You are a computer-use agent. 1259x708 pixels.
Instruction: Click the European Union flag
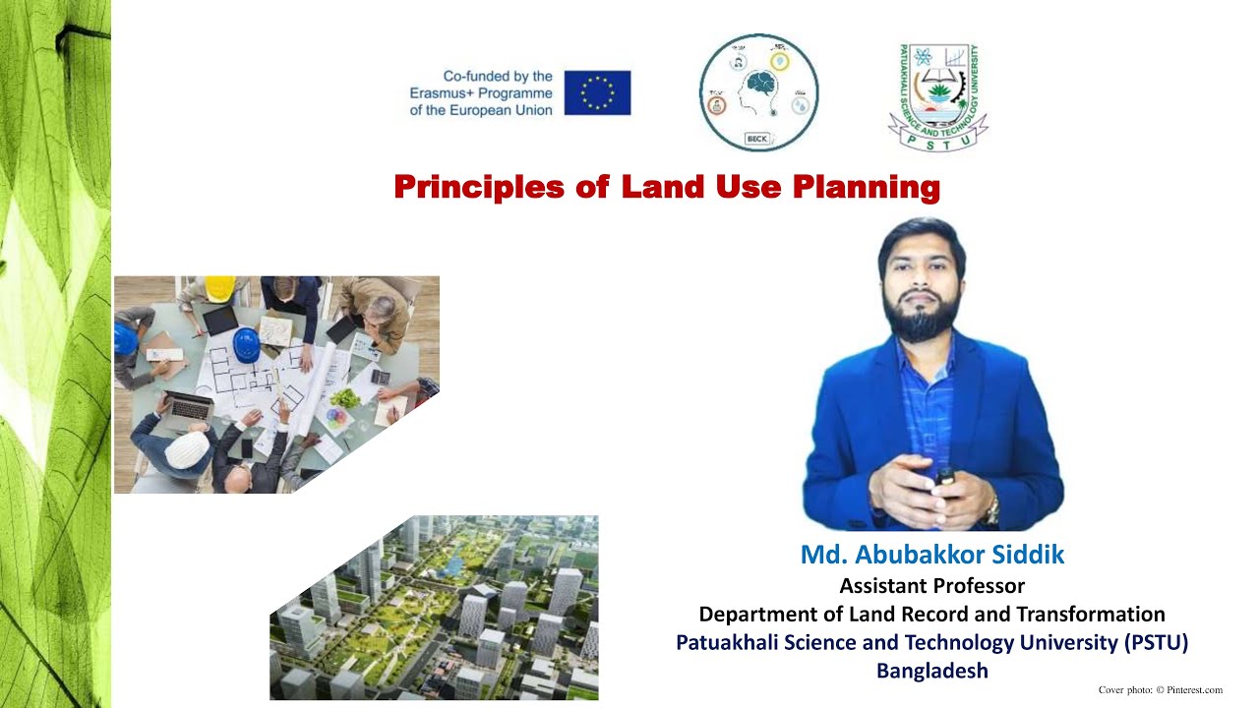pyautogui.click(x=597, y=92)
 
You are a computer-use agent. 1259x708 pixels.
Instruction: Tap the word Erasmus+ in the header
pyautogui.click(x=450, y=93)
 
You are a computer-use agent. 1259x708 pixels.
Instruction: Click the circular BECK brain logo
pyautogui.click(x=758, y=92)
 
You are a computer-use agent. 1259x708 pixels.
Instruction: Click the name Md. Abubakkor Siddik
pyautogui.click(x=931, y=555)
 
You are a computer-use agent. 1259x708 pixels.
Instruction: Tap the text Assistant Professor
pyautogui.click(x=931, y=586)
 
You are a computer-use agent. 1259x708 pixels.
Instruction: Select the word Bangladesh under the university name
pyautogui.click(x=931, y=671)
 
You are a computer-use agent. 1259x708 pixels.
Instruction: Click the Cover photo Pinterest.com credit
pyautogui.click(x=1160, y=690)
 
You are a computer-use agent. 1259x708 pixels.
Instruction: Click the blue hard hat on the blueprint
pyautogui.click(x=246, y=343)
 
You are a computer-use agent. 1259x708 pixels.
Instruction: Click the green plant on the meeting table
pyautogui.click(x=344, y=398)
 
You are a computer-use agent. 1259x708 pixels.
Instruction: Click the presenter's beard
pyautogui.click(x=922, y=320)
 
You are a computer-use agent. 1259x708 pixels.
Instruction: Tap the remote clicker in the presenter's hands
pyautogui.click(x=945, y=477)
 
